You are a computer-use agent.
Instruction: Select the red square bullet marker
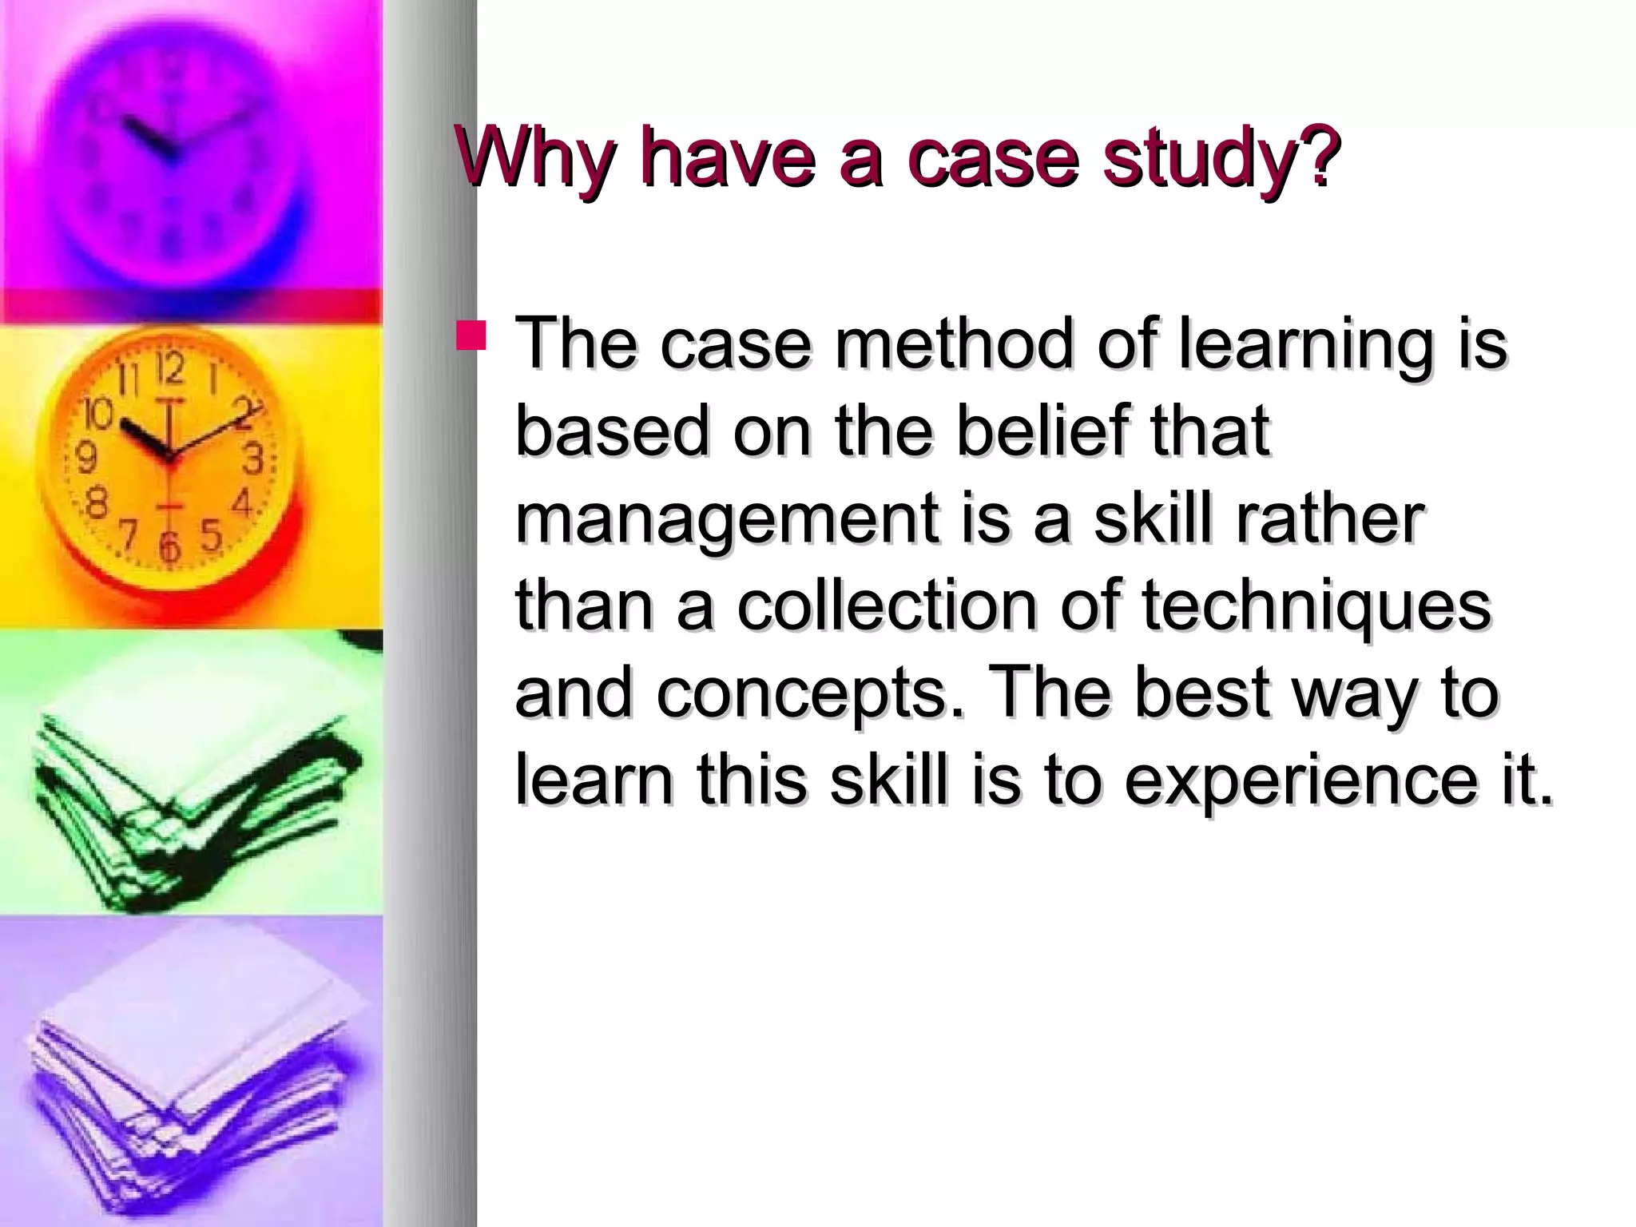click(x=471, y=336)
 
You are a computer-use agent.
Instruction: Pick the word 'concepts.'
click(x=812, y=694)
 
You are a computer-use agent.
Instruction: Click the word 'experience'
click(x=1308, y=780)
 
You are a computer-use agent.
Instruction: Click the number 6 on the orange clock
click(x=169, y=548)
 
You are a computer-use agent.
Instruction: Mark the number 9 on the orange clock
click(x=85, y=459)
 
